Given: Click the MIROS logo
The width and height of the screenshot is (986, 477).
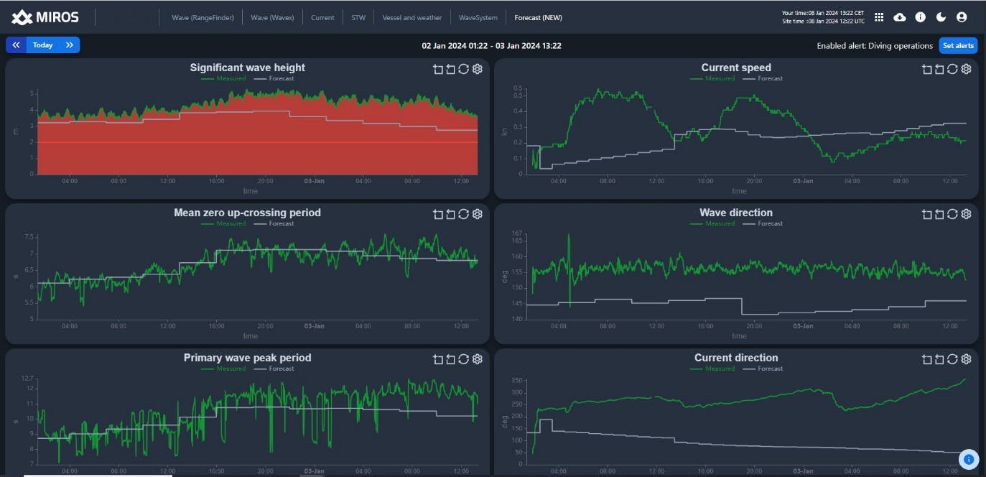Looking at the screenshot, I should point(45,17).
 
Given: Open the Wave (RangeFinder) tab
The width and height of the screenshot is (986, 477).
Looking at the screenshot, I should point(203,17).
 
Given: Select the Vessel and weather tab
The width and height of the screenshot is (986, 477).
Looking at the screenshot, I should point(411,17).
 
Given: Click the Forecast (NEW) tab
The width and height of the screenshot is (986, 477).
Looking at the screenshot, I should point(538,17).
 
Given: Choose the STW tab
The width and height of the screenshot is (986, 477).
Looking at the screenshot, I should point(358,17).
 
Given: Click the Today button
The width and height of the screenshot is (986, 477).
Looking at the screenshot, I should point(42,45).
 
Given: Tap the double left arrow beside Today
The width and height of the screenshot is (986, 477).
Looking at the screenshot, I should point(16,45).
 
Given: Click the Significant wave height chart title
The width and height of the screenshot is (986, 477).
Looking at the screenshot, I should point(247,68).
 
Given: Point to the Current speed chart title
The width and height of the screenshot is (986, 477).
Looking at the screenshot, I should point(735,68).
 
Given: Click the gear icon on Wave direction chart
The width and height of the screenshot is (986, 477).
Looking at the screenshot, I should point(966,214).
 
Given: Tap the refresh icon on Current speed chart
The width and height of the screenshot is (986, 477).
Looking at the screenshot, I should point(952,69).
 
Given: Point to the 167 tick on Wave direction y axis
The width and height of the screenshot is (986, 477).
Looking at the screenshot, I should point(516,233).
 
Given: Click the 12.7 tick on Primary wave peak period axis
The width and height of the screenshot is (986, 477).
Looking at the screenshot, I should point(28,378).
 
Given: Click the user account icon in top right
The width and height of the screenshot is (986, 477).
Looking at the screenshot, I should point(962,17).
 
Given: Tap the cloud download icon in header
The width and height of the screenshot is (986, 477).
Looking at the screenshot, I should point(899,17).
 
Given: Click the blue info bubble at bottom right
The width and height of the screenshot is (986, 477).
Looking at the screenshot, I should point(968,458).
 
